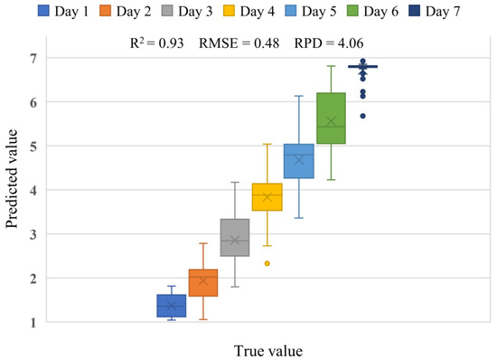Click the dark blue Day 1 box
coord(171,306)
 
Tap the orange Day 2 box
coord(202,283)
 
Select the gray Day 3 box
coord(235,238)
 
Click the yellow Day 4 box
coord(267,197)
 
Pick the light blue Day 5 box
coord(299,161)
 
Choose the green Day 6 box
coord(331,118)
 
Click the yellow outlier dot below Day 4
coord(267,263)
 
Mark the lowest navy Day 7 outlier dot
coord(362,116)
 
